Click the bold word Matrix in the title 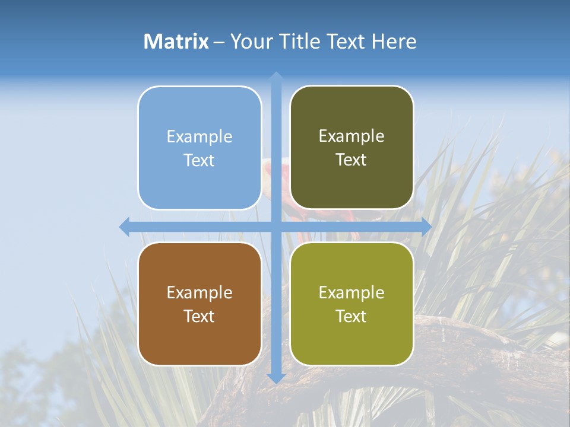point(176,42)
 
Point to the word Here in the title point(394,42)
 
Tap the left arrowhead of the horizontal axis point(125,227)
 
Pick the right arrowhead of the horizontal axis point(426,227)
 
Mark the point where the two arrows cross point(275,227)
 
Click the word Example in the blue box point(199,137)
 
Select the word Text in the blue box point(199,161)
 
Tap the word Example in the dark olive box point(351,136)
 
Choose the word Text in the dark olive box point(351,160)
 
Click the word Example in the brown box point(199,293)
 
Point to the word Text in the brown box point(199,317)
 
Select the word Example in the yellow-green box point(351,293)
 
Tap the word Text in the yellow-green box point(351,317)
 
